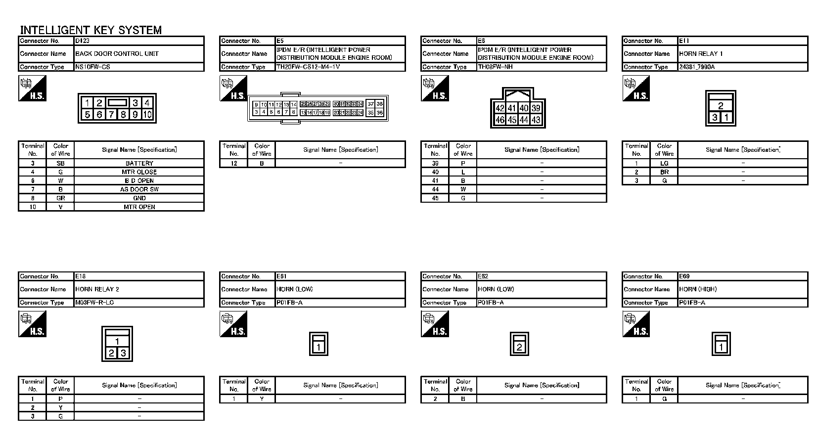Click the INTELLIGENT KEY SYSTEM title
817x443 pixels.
91,30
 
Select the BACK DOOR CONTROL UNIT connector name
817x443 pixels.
117,54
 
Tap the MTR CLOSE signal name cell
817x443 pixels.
139,172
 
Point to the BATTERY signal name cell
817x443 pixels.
139,163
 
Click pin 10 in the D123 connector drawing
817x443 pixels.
147,115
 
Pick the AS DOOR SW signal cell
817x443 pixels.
139,189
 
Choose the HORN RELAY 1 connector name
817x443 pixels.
701,54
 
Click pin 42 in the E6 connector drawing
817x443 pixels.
500,108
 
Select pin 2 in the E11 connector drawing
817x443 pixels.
721,106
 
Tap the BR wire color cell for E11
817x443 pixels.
664,172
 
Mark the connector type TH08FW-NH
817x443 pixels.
495,67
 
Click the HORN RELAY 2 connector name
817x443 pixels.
97,289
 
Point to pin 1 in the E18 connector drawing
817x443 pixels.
117,341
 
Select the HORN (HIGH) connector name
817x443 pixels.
698,289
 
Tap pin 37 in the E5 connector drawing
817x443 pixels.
371,104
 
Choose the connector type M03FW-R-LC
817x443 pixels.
94,302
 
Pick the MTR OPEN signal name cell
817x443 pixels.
139,207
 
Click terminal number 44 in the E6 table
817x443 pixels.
435,189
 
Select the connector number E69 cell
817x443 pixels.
684,276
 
